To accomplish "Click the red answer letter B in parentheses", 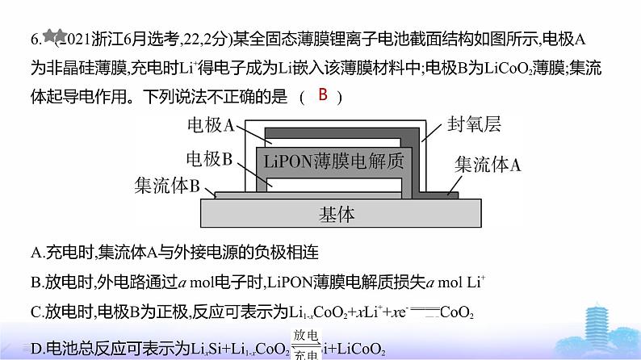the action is click(x=322, y=96).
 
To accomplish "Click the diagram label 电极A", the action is click(x=210, y=125).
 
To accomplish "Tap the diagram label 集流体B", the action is click(x=166, y=186).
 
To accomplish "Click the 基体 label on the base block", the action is click(x=337, y=215).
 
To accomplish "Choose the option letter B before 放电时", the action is click(x=36, y=283).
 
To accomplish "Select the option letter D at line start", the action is click(x=36, y=350).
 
